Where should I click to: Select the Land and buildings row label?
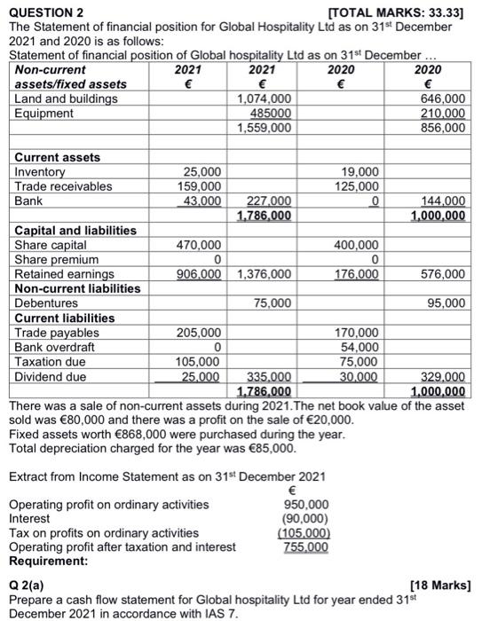coord(66,98)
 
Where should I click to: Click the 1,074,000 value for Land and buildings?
coord(265,98)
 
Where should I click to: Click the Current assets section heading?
coord(57,157)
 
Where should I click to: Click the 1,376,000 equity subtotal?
coord(265,274)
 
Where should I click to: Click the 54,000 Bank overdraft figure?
coord(362,348)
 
